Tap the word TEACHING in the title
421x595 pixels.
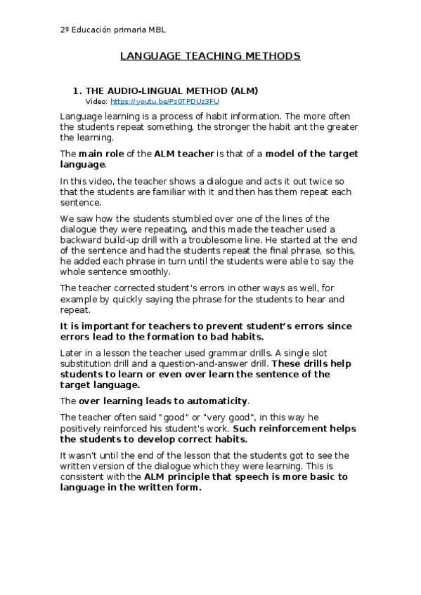pos(209,56)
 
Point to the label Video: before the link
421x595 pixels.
pos(96,101)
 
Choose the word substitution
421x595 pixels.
pos(88,363)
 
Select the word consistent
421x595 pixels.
pos(83,476)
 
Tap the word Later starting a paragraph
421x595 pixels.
pos(72,352)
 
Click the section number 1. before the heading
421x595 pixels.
pos(78,91)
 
